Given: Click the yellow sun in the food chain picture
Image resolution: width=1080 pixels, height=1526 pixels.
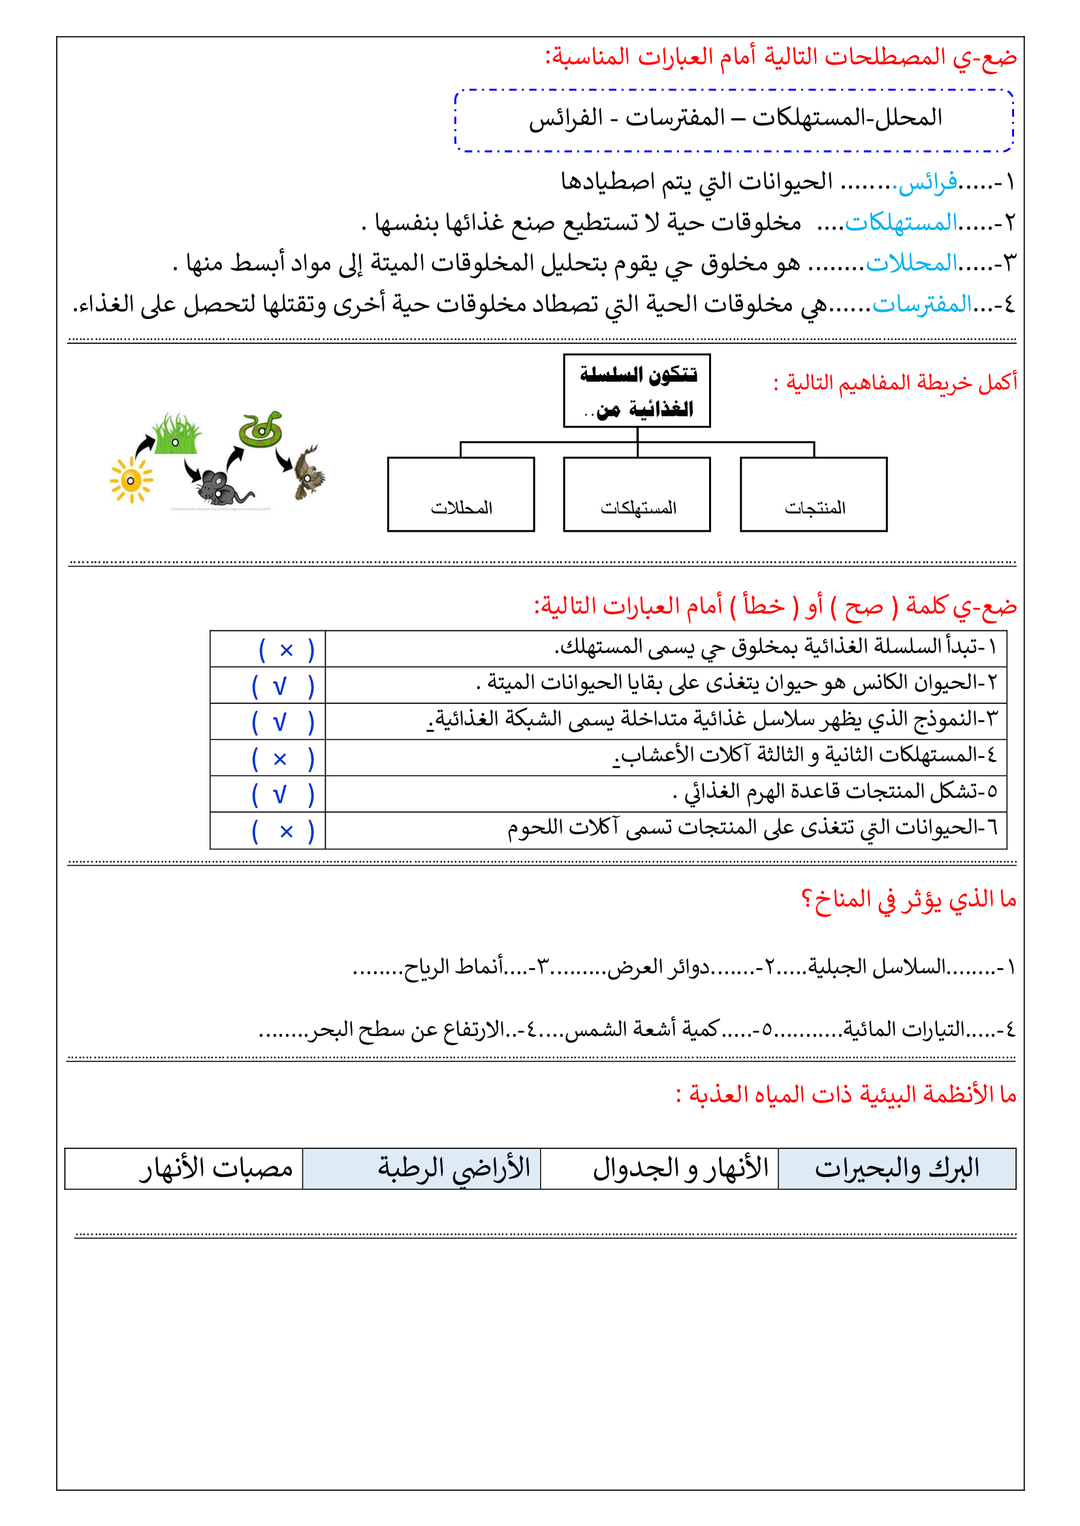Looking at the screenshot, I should point(131,480).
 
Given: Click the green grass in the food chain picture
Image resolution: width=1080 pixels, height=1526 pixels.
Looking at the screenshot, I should point(177,435).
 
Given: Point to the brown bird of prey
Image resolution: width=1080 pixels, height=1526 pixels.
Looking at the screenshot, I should point(309,472).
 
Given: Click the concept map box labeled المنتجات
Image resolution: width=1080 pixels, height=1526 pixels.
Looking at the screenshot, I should point(814,495).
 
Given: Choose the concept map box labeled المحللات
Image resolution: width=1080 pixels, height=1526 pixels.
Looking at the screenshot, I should point(461,495).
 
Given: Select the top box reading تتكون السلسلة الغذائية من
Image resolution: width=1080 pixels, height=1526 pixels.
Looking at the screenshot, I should point(637,391).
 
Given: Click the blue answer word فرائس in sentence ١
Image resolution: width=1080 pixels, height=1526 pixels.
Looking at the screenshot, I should point(928,181).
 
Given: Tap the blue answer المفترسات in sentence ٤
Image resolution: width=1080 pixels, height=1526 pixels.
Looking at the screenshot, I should point(922,305).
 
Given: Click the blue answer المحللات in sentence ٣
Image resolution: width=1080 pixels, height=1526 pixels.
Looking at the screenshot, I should point(911,264).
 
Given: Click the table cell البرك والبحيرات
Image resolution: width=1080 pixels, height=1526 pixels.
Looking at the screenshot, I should point(897,1168).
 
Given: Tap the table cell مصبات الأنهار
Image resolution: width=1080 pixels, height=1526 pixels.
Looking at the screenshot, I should point(183,1168).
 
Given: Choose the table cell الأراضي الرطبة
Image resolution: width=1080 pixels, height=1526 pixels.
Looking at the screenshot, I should point(422,1168).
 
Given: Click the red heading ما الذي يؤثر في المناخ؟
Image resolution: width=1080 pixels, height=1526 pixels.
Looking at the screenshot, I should point(908,900).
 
